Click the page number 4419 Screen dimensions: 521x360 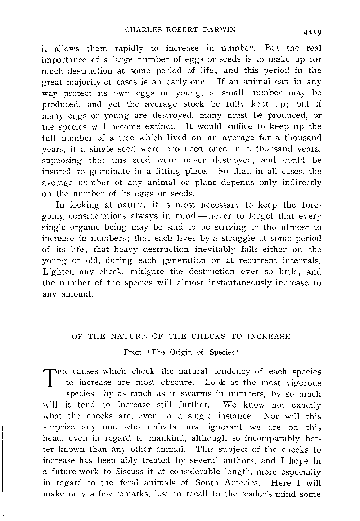pyautogui.click(x=311, y=32)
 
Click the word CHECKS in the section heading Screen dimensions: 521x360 pyautogui.click(x=208, y=337)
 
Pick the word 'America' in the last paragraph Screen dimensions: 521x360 pyautogui.click(x=243, y=483)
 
